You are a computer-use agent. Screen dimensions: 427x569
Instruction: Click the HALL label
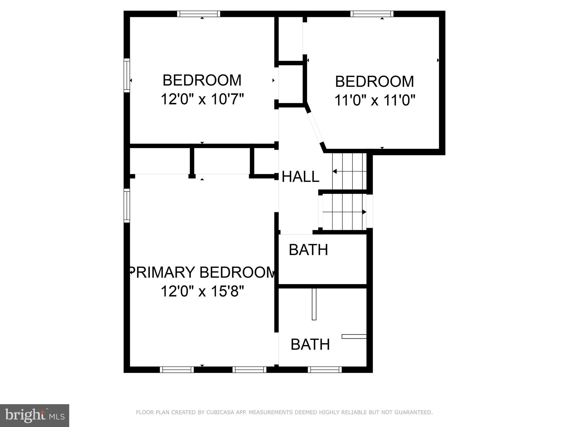[x=300, y=177]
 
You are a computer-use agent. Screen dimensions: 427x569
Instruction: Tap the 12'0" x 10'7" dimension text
[x=202, y=99]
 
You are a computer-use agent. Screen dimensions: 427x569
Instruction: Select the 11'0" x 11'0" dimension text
[x=374, y=100]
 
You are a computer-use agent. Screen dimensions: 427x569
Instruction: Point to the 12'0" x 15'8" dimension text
[x=202, y=292]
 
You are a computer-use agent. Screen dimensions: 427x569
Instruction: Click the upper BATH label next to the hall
[x=308, y=250]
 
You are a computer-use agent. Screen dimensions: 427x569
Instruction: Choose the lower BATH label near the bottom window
[x=310, y=344]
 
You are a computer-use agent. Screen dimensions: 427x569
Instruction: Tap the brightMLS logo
[x=34, y=416]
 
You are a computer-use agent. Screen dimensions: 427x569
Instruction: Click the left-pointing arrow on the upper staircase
[x=335, y=171]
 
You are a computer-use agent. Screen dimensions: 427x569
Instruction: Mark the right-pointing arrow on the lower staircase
[x=364, y=212]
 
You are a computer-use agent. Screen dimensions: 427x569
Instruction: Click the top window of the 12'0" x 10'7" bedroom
[x=198, y=14]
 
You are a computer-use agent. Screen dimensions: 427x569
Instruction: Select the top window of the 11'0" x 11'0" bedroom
[x=372, y=14]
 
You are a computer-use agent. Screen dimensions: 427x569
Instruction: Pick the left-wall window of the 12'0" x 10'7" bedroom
[x=127, y=75]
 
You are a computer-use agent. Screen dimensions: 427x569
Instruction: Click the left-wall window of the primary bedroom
[x=127, y=206]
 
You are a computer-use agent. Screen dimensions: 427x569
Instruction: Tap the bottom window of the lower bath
[x=325, y=370]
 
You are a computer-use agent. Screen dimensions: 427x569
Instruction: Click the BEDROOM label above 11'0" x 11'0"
[x=374, y=82]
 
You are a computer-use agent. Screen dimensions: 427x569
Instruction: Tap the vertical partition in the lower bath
[x=314, y=304]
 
